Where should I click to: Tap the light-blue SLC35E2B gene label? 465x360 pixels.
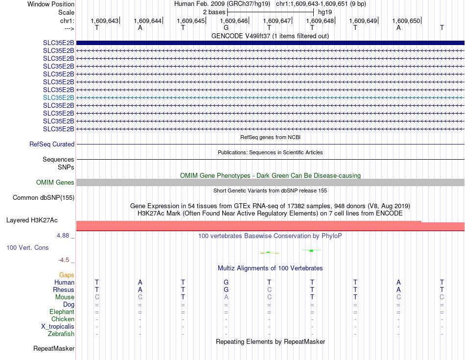pos(58,97)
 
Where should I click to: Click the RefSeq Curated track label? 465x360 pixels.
pos(52,144)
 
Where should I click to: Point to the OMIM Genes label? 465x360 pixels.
pos(55,183)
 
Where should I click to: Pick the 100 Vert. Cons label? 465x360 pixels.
pos(27,248)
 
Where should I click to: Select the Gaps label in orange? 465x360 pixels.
pos(67,275)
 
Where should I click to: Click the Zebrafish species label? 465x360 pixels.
pos(61,334)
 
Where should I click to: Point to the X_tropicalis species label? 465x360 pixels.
pos(58,327)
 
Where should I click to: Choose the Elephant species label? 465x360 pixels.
pos(62,312)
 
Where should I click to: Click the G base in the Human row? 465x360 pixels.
pos(226,283)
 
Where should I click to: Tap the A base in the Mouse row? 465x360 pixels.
pos(226,297)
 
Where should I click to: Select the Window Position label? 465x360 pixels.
pos(51,4)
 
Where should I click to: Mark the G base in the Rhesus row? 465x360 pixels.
pos(226,290)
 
